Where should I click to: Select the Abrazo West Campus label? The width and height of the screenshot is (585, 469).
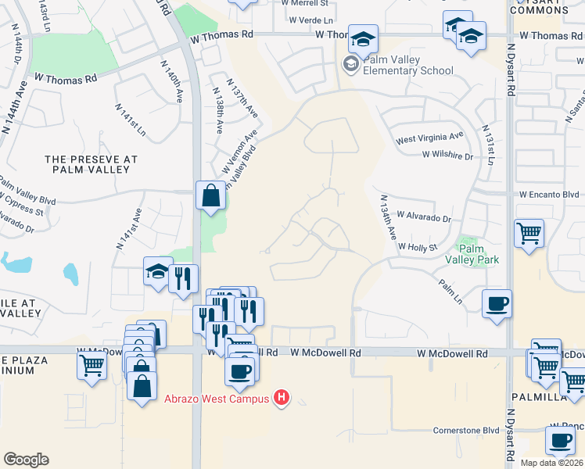point(216,399)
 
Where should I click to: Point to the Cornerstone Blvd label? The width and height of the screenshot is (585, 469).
point(467,430)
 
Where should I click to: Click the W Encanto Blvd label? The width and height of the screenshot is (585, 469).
point(549,195)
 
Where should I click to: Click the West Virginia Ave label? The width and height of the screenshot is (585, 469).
point(429,139)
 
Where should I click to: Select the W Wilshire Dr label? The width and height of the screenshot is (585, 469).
point(447,156)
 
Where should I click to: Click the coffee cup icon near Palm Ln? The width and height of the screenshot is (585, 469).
point(497,303)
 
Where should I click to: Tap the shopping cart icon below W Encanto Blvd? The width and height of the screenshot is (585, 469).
point(529,232)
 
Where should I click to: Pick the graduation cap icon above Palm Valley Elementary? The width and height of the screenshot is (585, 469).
point(364,38)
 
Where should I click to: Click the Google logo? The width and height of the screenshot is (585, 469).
point(26,460)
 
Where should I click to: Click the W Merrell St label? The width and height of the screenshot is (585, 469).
point(302,4)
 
